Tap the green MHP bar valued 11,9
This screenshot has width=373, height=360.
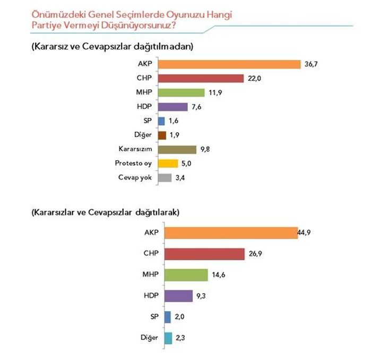click(181, 93)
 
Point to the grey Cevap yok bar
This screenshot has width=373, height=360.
click(165, 177)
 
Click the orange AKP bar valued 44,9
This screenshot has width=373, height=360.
click(231, 233)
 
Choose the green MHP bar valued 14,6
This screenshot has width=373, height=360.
click(186, 275)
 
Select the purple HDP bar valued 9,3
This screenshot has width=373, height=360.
click(178, 296)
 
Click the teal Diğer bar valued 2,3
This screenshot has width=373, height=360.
click(168, 338)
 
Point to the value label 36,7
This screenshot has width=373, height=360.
click(309, 65)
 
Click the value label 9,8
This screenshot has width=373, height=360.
click(204, 149)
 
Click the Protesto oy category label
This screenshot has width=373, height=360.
click(133, 164)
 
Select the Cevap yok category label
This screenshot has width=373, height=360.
click(136, 177)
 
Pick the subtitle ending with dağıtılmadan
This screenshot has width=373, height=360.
click(111, 46)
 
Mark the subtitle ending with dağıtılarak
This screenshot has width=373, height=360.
click(106, 212)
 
